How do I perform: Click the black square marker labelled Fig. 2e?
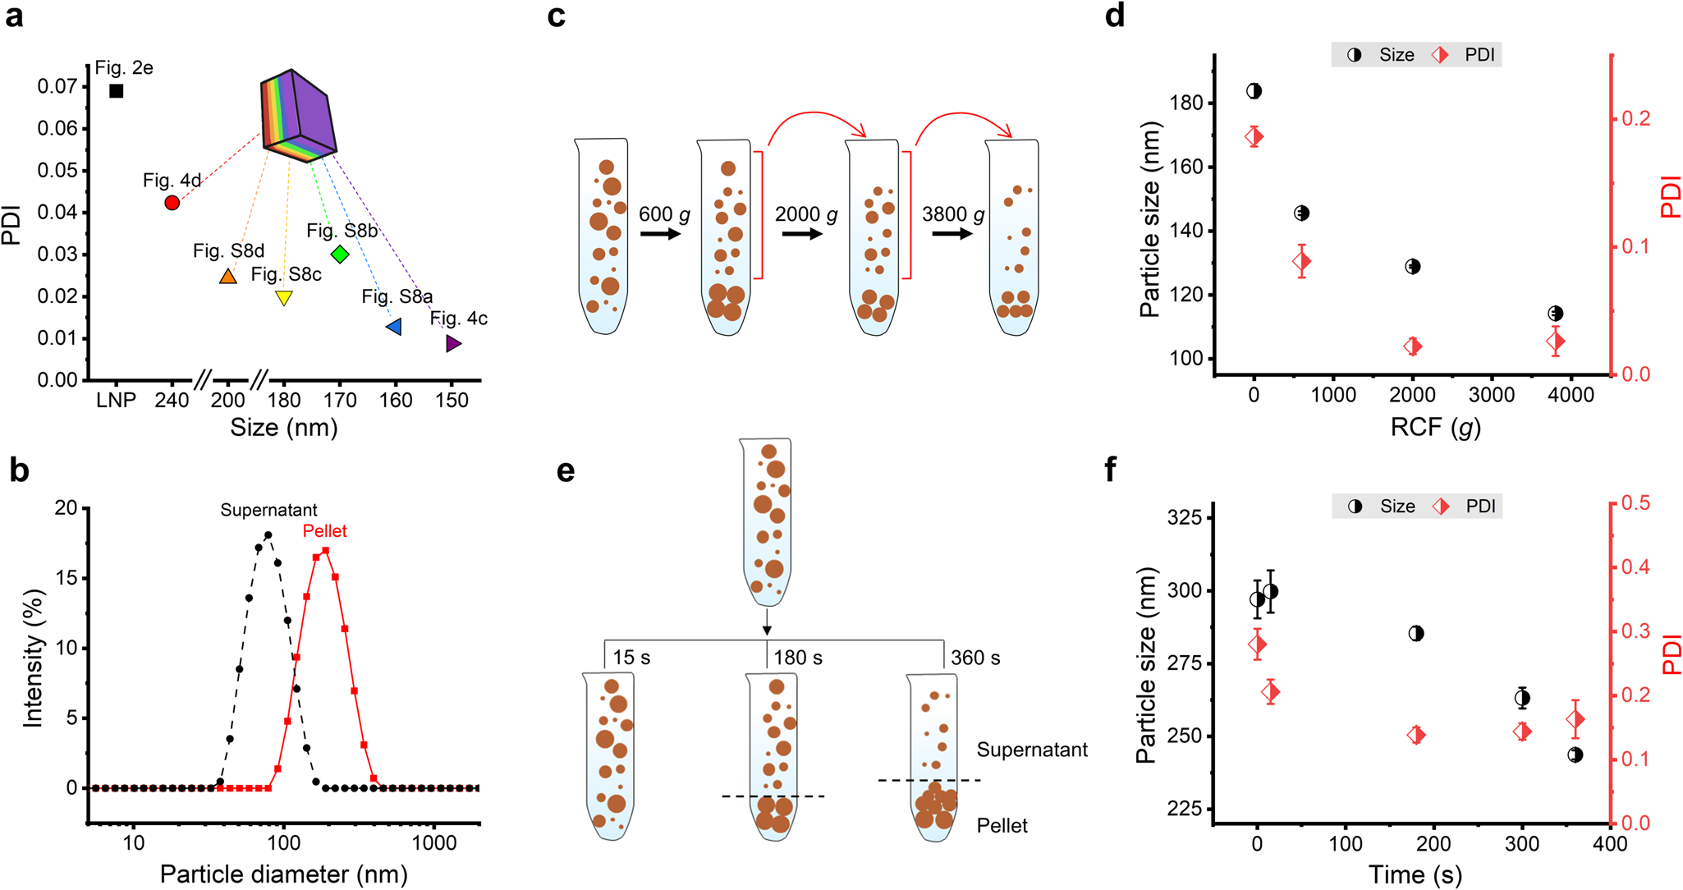tap(117, 91)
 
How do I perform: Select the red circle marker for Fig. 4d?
tap(172, 203)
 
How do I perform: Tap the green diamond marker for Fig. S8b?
tap(340, 255)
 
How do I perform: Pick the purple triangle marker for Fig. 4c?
tap(452, 344)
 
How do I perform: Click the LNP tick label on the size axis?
tap(116, 400)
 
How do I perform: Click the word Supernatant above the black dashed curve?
tap(268, 510)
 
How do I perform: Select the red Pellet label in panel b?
tap(324, 531)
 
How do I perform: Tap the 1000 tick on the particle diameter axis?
tap(434, 843)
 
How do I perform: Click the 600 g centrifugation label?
tap(664, 214)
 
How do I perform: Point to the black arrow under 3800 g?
tap(952, 234)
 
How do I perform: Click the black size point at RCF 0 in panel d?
tap(1254, 91)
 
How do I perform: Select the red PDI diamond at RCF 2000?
tap(1413, 346)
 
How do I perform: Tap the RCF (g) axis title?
tap(1435, 427)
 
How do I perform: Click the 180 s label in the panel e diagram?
tap(798, 658)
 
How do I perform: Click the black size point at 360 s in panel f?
tap(1575, 755)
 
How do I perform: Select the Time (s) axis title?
tap(1415, 874)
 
